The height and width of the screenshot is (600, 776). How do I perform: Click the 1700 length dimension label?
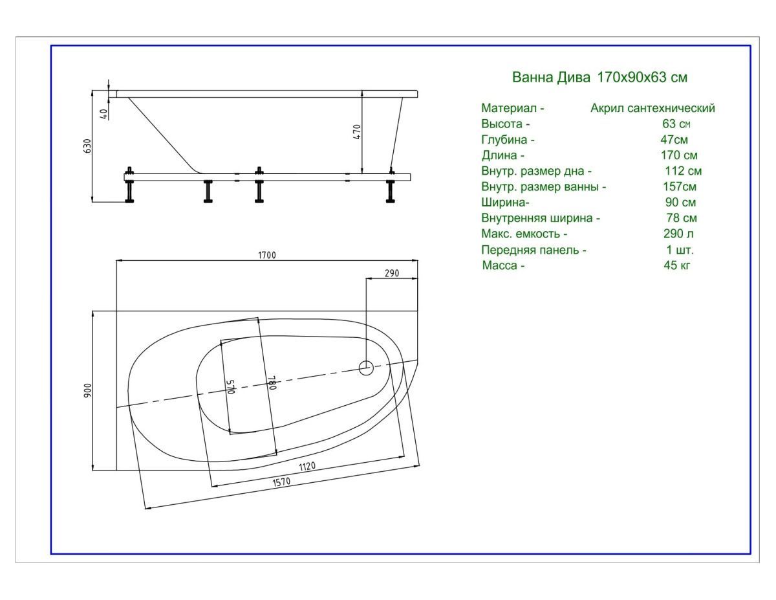click(x=266, y=255)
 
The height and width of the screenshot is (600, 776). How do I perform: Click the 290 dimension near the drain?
click(x=391, y=273)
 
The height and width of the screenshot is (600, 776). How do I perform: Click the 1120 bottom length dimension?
click(x=307, y=467)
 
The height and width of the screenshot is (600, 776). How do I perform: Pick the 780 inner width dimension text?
click(x=272, y=384)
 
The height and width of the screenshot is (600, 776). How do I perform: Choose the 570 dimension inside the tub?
click(x=230, y=386)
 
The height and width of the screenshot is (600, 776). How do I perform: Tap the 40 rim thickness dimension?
click(x=103, y=113)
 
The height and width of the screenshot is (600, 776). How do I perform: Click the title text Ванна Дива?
click(x=551, y=78)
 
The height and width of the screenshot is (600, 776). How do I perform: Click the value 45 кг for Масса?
click(x=677, y=265)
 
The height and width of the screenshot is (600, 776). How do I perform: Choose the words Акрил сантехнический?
click(x=652, y=108)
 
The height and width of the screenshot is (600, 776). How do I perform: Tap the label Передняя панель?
click(x=533, y=250)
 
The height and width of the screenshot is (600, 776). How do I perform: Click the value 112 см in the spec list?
click(x=683, y=172)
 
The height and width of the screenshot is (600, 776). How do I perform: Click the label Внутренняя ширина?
click(x=541, y=218)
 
